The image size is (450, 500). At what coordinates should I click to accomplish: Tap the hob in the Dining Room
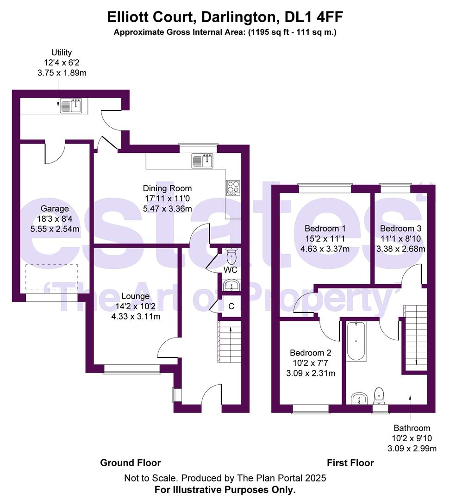[233, 187]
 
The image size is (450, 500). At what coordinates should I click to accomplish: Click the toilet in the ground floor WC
[231, 255]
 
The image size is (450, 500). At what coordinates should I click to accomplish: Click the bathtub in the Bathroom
[356, 342]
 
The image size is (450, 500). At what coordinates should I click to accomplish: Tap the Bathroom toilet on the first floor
[380, 395]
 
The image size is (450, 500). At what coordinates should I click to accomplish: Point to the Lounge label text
[135, 296]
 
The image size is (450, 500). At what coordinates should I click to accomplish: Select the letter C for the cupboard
[231, 306]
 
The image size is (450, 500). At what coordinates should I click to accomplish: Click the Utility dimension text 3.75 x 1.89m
[61, 73]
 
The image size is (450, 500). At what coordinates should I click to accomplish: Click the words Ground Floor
[131, 462]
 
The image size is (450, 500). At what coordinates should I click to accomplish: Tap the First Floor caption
[350, 462]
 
